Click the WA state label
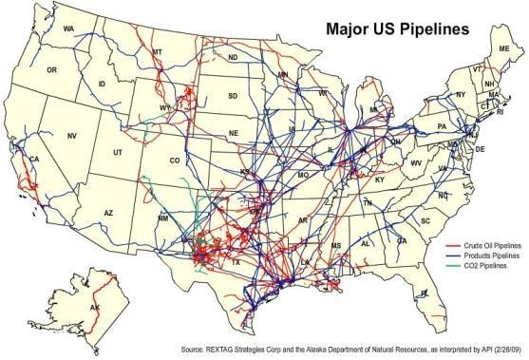[68, 29]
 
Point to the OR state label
[52, 70]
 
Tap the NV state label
[71, 136]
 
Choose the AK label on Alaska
[93, 309]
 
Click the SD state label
[233, 96]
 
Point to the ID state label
[102, 85]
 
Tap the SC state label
[425, 220]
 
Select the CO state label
[175, 161]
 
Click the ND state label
[233, 58]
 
